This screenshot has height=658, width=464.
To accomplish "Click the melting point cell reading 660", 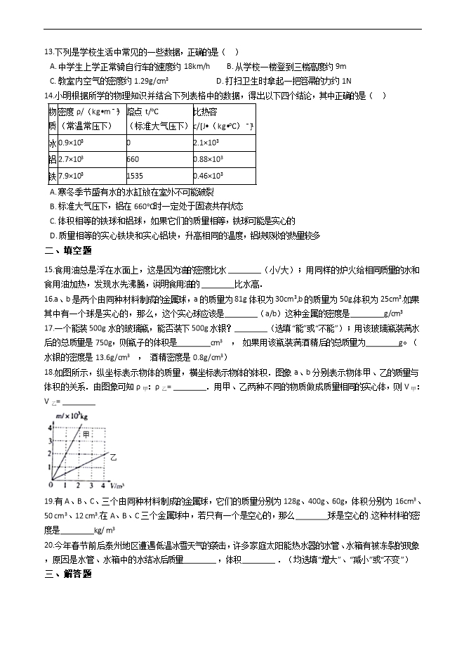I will pos(133,160).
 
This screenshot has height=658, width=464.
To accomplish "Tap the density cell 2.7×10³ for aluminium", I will pos(71,160).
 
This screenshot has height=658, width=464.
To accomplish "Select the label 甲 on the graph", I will pos(86,436).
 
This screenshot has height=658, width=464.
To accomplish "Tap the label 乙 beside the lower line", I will pos(113,457).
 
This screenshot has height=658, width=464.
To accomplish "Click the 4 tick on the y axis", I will pos(50,427).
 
